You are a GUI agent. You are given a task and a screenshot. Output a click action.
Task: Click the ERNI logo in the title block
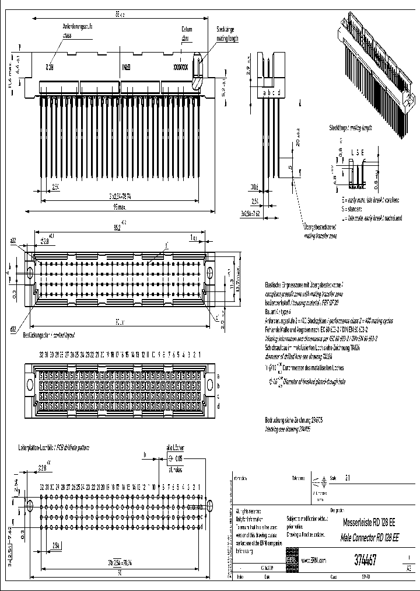click(291, 559)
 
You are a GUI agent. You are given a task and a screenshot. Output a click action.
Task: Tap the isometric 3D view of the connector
click(373, 70)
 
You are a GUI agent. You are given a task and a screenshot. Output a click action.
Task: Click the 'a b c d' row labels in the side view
click(272, 92)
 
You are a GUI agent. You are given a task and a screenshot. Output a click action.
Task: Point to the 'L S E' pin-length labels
click(357, 153)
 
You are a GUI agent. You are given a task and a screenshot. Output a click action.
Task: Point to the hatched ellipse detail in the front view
click(198, 61)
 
